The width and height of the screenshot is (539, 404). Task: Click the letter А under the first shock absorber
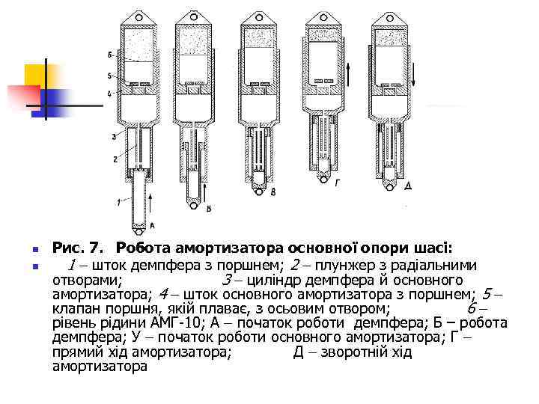[153, 225]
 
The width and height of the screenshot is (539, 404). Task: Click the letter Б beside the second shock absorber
[209, 208]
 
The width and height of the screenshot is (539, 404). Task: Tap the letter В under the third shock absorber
[272, 192]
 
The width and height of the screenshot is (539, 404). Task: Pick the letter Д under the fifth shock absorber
[406, 183]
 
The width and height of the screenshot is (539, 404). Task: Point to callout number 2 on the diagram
[115, 159]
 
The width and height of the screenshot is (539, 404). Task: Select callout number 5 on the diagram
[110, 76]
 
